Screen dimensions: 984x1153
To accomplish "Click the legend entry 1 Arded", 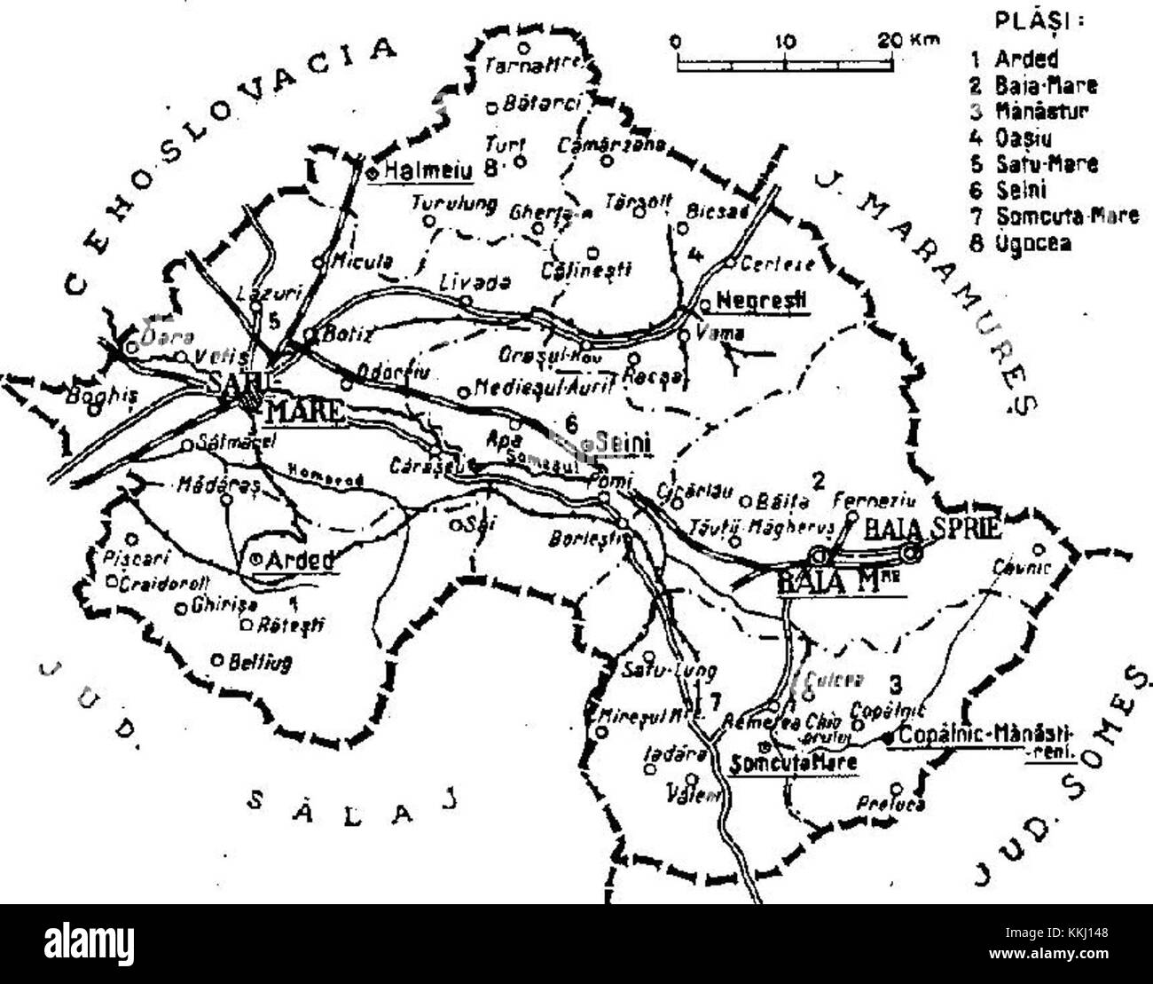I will (x=1016, y=60).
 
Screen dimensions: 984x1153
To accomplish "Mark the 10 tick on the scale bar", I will (x=786, y=41).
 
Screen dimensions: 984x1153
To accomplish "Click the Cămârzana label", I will (x=603, y=142).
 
